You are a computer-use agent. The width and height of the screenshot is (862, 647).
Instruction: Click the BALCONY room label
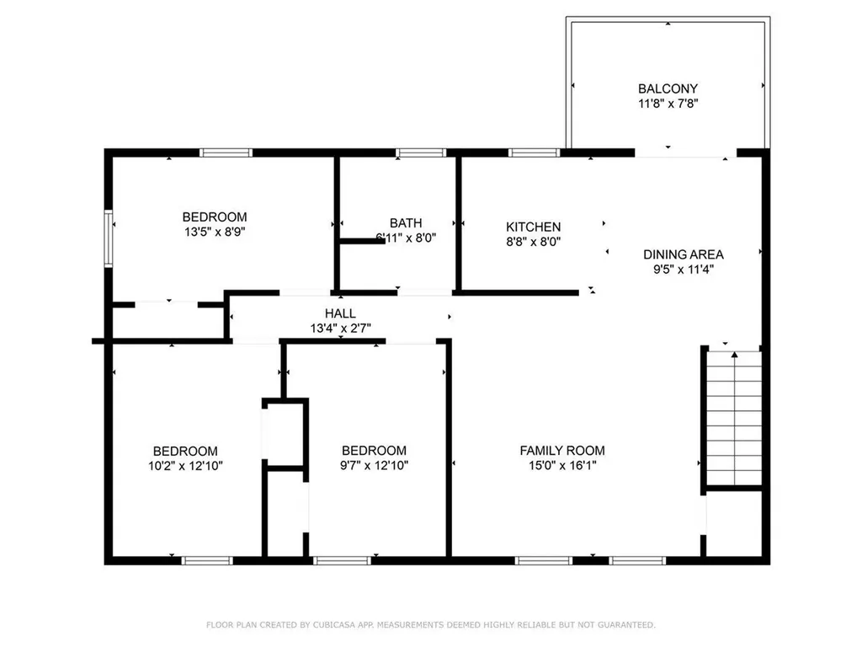[x=668, y=88]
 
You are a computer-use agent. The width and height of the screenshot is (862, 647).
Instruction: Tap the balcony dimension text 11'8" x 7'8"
[x=668, y=104]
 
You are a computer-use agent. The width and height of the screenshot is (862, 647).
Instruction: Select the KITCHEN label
[x=533, y=227]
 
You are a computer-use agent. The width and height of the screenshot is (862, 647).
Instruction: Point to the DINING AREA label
[x=684, y=254]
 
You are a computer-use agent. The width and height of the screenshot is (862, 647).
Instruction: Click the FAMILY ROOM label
[x=562, y=451]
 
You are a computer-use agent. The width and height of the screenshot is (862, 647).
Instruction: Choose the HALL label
[x=340, y=313]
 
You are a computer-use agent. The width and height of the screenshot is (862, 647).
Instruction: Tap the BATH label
[x=406, y=222]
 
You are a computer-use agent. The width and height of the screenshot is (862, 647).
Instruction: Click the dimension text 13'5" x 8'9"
[x=215, y=232]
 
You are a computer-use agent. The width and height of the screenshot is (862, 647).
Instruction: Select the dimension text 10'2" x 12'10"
[x=185, y=466]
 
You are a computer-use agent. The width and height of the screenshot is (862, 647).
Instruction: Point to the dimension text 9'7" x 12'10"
[x=374, y=465]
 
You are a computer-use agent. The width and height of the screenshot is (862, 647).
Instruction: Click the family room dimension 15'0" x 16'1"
[x=562, y=465]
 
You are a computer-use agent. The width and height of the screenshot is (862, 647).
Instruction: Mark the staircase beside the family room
[x=734, y=418]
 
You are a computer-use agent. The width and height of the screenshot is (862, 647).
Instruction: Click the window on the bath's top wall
[x=421, y=153]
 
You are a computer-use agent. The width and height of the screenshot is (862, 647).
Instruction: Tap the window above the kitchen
[x=534, y=153]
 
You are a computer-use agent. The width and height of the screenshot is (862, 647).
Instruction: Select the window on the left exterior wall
[x=109, y=238]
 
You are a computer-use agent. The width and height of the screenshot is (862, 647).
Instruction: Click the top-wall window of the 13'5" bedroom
[x=226, y=153]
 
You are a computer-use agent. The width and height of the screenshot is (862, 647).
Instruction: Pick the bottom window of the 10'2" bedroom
[x=207, y=560]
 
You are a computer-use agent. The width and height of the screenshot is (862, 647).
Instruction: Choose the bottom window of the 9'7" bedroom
[x=342, y=560]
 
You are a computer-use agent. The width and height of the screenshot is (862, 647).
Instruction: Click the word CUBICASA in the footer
[x=333, y=625]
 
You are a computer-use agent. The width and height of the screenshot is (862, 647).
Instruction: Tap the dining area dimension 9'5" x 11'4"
[x=684, y=270]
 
